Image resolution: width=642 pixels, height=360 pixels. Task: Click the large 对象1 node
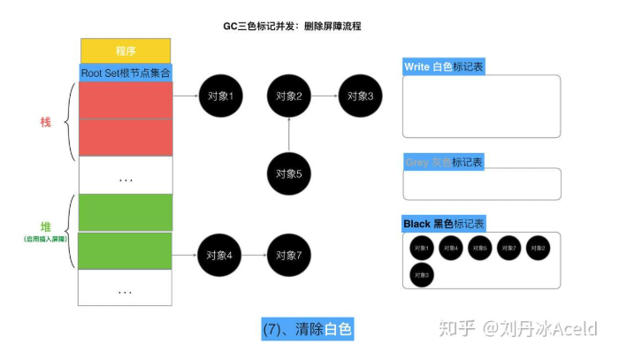click(219, 96)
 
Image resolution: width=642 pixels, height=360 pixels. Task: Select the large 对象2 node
click(289, 96)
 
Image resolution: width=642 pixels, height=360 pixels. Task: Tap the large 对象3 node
click(360, 96)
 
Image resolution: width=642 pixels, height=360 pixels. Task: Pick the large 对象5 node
click(289, 173)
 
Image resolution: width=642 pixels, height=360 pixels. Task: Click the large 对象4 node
click(219, 257)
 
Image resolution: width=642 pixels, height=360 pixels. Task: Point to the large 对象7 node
click(289, 257)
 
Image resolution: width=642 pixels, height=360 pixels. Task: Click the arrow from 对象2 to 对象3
click(325, 96)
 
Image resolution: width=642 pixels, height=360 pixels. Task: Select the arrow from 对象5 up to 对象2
click(289, 135)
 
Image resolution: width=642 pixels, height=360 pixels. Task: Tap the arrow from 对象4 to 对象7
click(255, 257)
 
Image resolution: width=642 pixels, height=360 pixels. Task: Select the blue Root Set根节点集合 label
click(126, 73)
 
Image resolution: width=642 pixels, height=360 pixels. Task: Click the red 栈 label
click(46, 121)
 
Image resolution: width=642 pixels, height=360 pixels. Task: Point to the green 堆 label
click(46, 226)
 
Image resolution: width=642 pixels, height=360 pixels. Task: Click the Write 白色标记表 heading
click(444, 67)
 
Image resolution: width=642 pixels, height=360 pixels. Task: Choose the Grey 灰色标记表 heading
click(444, 163)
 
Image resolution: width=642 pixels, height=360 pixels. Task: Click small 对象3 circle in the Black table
click(422, 275)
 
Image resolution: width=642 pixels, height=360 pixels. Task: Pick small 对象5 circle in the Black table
click(479, 249)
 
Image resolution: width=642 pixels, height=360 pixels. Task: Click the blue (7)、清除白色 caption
click(308, 329)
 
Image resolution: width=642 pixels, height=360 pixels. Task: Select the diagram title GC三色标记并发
click(292, 27)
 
